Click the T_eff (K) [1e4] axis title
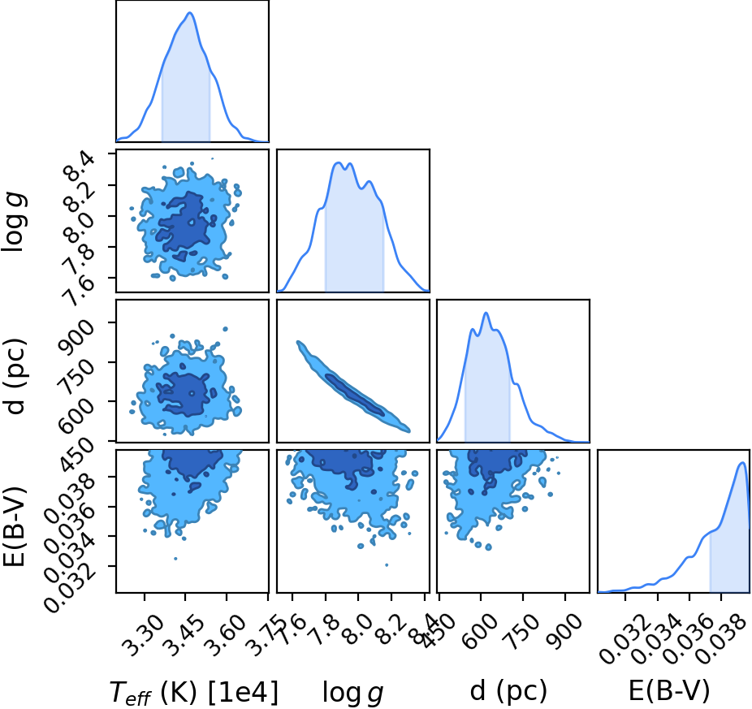pos(194,693)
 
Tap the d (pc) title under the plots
pos(508,692)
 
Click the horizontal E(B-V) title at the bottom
pos(668,692)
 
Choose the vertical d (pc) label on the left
pos(15,376)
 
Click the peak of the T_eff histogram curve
pos(190,12)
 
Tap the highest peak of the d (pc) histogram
pos(486,313)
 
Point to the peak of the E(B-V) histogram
pos(742,462)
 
